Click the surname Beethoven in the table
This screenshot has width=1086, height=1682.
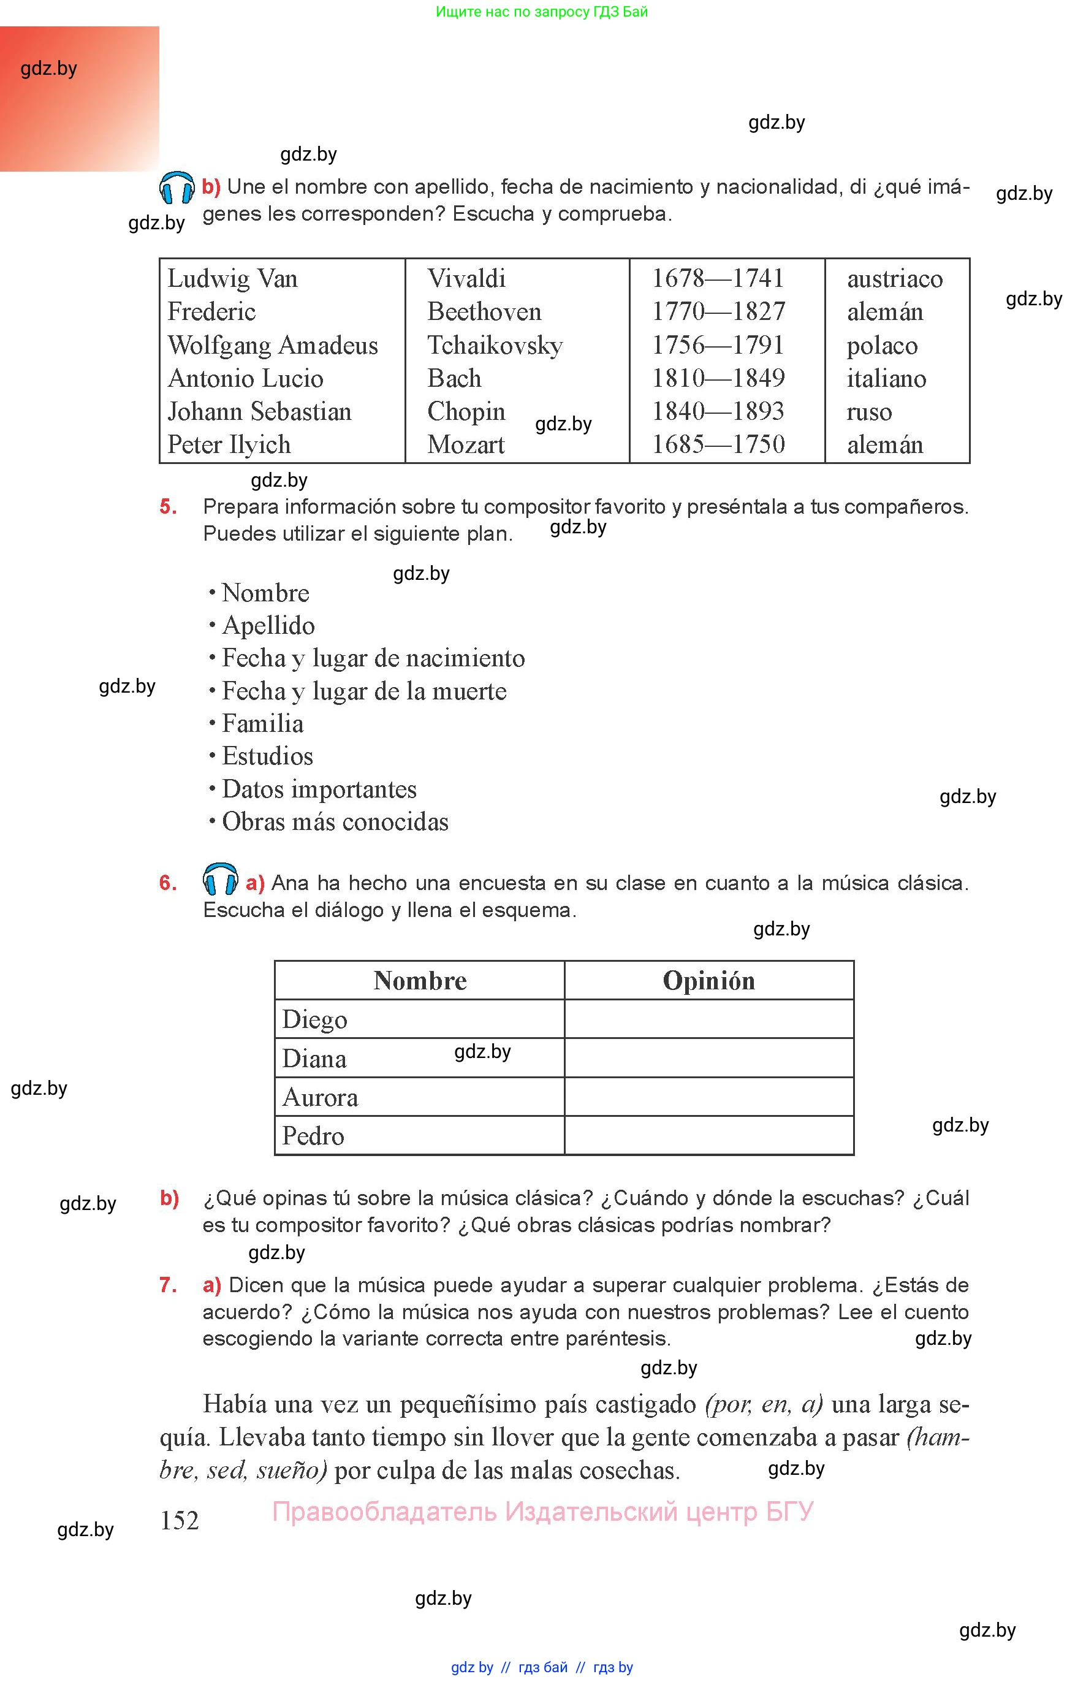click(484, 312)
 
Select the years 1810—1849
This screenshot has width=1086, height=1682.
click(717, 378)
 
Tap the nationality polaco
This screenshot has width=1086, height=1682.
click(881, 346)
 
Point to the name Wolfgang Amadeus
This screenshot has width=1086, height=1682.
click(272, 346)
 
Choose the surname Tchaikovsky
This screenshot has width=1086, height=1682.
click(495, 346)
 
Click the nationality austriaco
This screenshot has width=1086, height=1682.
click(894, 278)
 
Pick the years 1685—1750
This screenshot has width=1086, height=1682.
click(717, 444)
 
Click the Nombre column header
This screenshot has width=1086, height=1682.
click(420, 980)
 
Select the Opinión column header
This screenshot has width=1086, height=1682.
click(708, 980)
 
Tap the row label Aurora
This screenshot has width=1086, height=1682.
click(319, 1097)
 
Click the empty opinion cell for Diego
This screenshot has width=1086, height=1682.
click(708, 1019)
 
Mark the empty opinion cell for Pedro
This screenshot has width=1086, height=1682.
click(708, 1135)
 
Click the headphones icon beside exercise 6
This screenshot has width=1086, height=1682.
click(220, 880)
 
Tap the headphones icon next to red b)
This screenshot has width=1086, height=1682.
click(177, 188)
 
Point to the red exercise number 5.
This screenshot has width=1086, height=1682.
click(168, 506)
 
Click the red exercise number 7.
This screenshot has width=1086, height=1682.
click(168, 1285)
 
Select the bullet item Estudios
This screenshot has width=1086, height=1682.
click(267, 756)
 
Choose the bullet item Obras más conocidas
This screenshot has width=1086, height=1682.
click(335, 821)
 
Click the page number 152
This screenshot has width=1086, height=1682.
click(179, 1521)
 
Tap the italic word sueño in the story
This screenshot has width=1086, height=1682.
click(290, 1471)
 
